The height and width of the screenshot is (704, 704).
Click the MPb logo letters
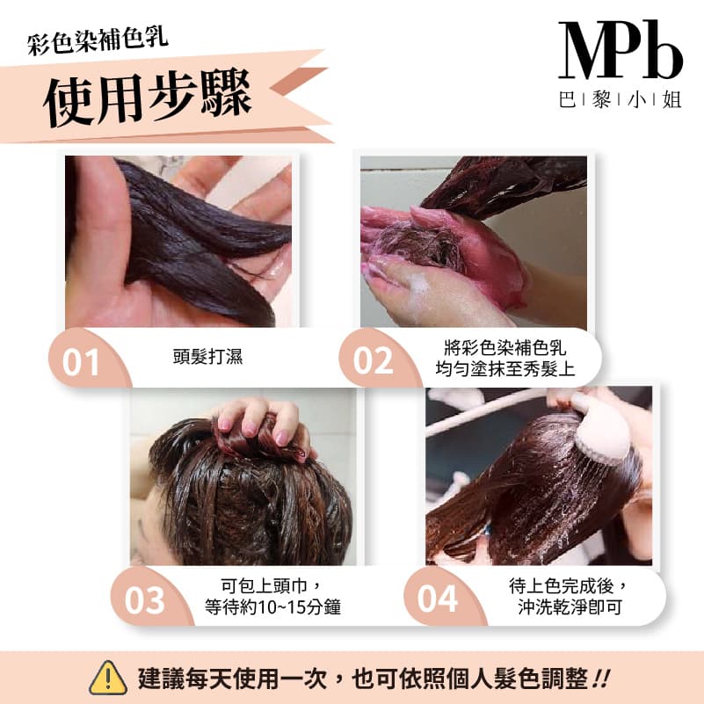[x=620, y=51]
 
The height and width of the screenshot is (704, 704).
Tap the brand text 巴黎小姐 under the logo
[x=621, y=99]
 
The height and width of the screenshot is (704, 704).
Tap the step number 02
[x=373, y=361]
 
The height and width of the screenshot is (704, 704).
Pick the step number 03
[x=145, y=600]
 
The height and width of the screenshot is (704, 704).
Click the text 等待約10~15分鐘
[x=272, y=606]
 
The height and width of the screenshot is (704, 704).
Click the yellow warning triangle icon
[x=108, y=678]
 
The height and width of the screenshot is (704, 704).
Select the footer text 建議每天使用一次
[x=237, y=679]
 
